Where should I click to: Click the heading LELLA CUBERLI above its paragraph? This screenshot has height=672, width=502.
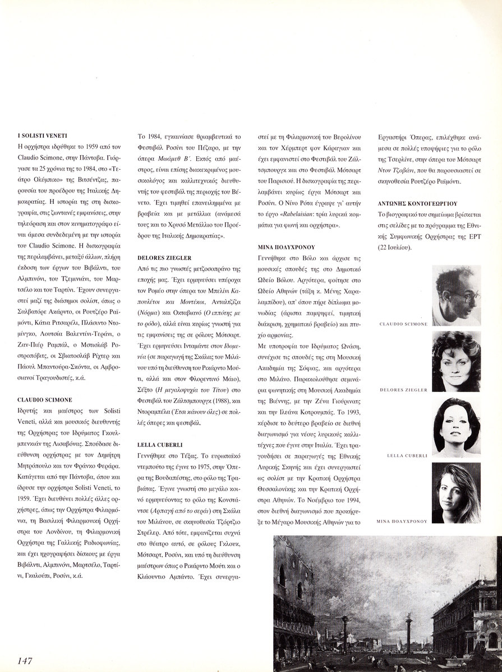point(155,444)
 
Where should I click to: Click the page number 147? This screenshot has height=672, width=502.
point(28,661)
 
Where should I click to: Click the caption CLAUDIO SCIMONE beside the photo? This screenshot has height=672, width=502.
point(403,324)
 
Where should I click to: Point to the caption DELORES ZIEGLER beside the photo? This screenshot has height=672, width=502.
point(403,390)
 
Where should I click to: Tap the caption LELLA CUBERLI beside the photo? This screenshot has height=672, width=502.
point(407,456)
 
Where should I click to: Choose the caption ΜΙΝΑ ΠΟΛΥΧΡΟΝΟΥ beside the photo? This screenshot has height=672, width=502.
point(403,521)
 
